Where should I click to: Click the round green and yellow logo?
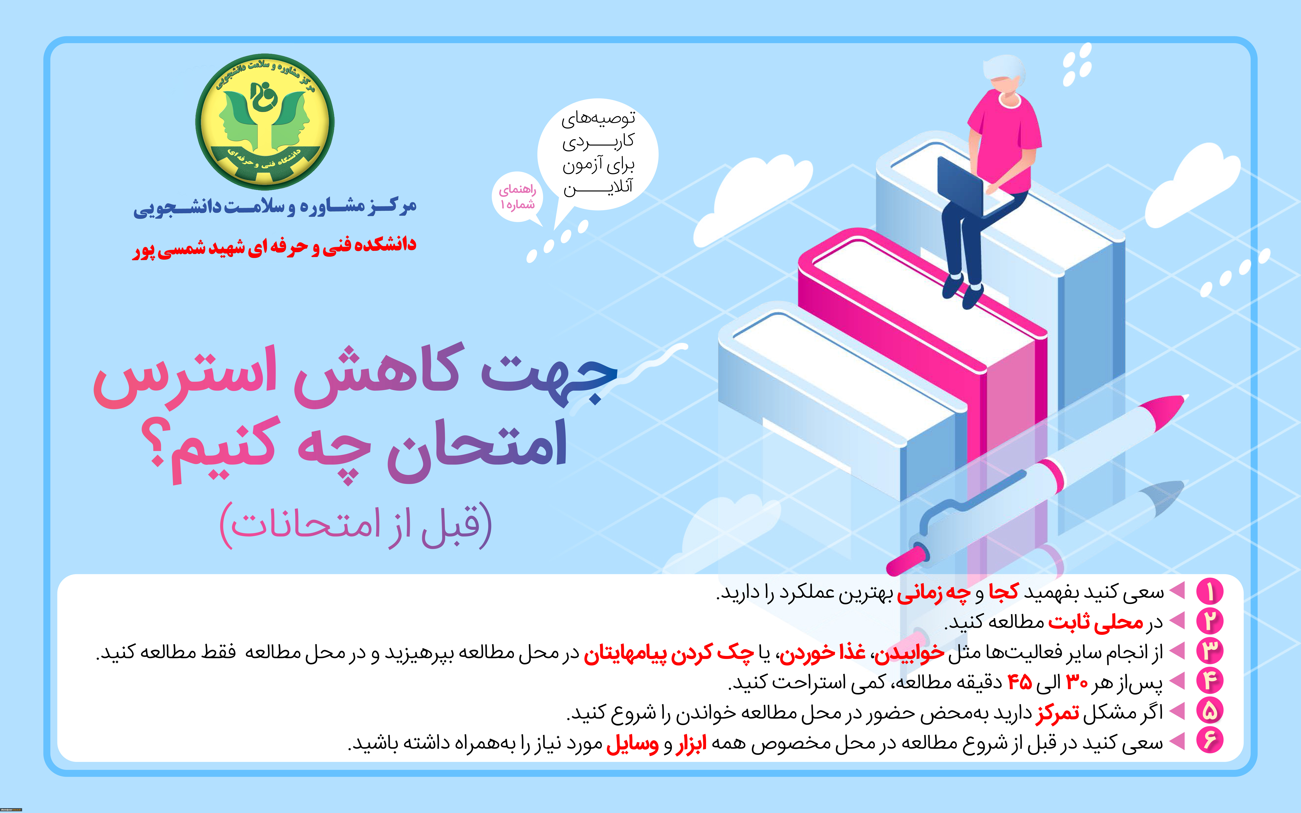[264, 122]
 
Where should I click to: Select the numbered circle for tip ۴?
[1210, 681]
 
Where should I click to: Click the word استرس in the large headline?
[185, 376]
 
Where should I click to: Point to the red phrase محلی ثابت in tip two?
[1095, 622]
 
